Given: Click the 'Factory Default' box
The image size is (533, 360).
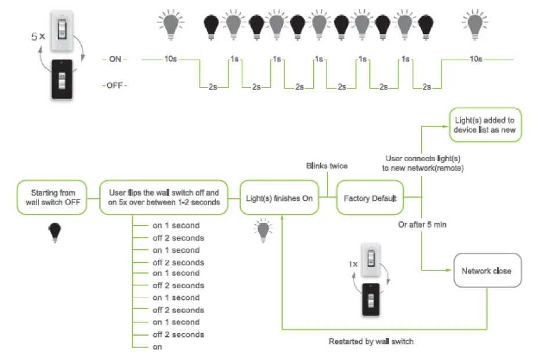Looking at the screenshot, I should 369,198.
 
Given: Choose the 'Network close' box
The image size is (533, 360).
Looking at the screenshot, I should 486,271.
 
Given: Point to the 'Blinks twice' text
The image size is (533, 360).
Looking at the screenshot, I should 327,166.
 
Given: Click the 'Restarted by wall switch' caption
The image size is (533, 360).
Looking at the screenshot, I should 371,341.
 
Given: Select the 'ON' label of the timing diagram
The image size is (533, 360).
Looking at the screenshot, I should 115,59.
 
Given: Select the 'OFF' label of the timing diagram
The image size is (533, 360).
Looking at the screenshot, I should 115,86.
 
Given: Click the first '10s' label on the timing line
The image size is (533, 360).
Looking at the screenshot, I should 171,59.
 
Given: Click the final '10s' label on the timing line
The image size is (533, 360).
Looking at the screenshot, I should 475,59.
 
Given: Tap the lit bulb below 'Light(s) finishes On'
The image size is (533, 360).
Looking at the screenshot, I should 262,230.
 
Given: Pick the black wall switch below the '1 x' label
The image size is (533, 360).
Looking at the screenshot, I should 372,300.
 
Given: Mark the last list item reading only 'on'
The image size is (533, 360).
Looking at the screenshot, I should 157,347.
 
